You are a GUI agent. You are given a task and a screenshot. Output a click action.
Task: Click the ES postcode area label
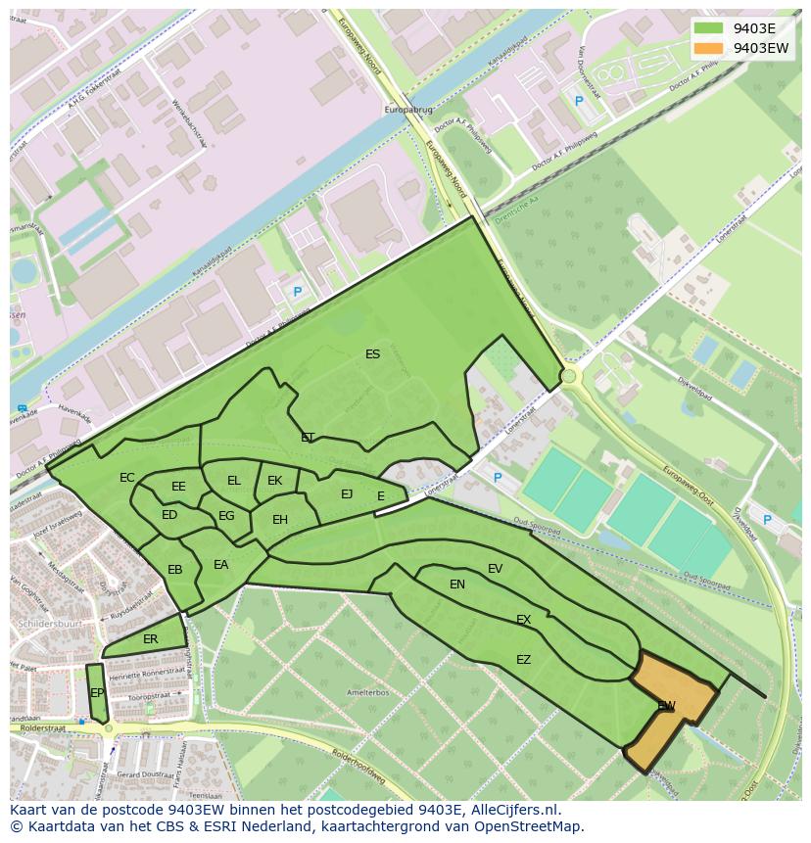[x=372, y=354]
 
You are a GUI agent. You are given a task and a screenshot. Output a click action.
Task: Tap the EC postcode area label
[x=127, y=478]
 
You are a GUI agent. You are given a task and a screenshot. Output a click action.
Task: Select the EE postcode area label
[x=178, y=487]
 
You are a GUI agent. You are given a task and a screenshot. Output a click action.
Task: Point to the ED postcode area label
[x=169, y=515]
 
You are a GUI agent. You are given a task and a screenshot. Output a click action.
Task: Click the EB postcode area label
[x=175, y=570]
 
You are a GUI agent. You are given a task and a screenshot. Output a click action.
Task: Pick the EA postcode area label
[x=221, y=565]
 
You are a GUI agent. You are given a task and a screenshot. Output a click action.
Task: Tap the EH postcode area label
[x=280, y=520]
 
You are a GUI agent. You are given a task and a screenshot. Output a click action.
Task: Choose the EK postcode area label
[x=275, y=481]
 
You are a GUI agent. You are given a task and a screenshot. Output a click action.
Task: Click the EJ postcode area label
[x=347, y=494]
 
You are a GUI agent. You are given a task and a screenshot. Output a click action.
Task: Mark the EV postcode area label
[x=495, y=569]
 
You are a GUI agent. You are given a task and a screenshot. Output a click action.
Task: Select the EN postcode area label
[x=457, y=585]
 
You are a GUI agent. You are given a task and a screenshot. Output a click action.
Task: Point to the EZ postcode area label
[x=524, y=660]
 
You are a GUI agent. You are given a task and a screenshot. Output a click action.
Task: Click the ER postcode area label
[x=150, y=639]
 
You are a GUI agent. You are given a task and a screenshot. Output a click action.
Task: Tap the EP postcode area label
[x=97, y=693]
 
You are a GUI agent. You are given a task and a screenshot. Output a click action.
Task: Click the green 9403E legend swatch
[x=709, y=27]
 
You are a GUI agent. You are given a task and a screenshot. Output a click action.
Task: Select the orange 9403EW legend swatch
[x=709, y=47]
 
